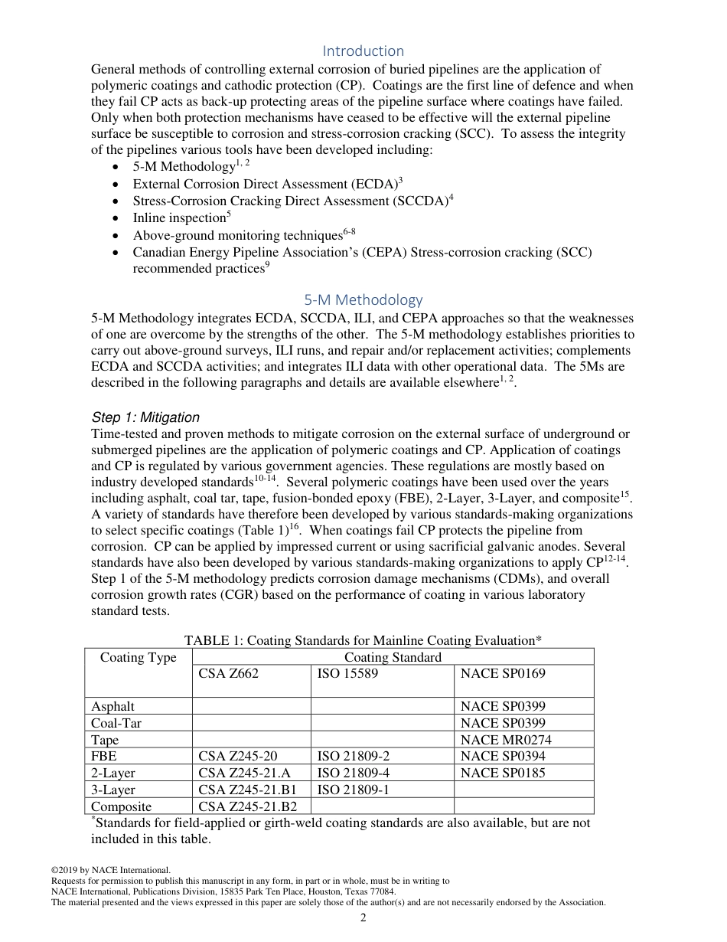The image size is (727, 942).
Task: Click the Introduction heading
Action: point(363,51)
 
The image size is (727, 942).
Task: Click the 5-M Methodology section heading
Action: point(363,299)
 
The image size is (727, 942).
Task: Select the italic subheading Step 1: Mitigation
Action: point(145,417)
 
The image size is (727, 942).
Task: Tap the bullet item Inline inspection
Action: point(181,218)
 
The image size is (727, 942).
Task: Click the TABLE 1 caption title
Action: point(363,640)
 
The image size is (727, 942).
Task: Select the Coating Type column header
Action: point(138,658)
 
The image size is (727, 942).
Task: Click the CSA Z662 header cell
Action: point(228,674)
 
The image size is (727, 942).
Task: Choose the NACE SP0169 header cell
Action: point(502,674)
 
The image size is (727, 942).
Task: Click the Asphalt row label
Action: point(112,706)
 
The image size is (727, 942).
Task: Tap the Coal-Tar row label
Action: point(116,723)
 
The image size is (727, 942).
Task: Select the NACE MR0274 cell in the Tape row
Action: point(505,740)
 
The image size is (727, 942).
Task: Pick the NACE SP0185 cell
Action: point(502,774)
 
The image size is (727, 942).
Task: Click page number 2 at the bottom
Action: point(363,918)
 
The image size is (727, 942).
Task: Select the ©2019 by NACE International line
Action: point(110,870)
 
